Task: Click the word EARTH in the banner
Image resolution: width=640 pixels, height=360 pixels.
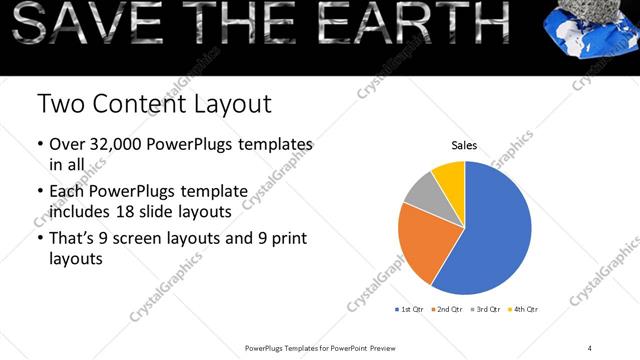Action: (x=425, y=22)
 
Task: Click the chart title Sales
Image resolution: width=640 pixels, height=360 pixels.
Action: (x=463, y=145)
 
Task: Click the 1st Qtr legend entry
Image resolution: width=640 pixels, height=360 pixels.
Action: (x=411, y=310)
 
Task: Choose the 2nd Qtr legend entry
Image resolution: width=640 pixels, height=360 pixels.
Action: (x=448, y=310)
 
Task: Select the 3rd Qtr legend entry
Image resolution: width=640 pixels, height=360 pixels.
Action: (x=486, y=310)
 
